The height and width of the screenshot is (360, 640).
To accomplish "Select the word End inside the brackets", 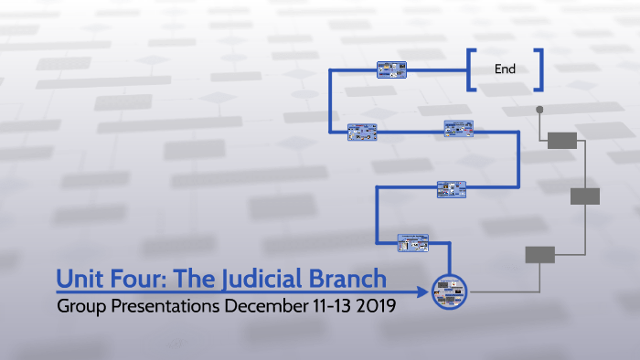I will coord(505,69).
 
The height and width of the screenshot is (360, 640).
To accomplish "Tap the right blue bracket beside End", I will coord(539,69).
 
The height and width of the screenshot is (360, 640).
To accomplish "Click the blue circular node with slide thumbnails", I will coord(449,291).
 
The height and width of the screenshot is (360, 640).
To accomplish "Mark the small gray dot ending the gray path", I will coord(539,110).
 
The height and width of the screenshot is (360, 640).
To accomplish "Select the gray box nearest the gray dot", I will coord(562,140).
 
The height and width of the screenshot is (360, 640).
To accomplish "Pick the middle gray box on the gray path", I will coord(584,196).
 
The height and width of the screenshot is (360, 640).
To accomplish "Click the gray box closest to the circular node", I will coord(539,255).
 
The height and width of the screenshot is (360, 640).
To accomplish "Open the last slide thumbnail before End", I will coord(390,69).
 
